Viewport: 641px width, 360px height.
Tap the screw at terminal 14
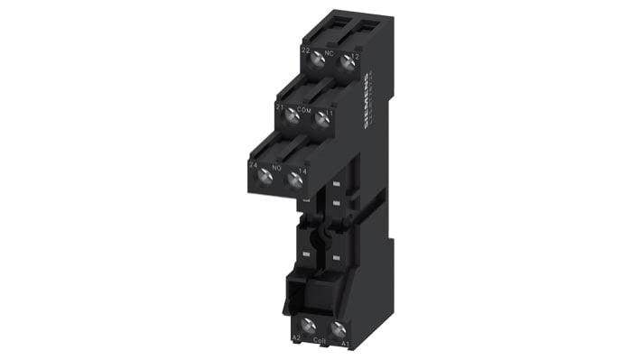(293, 179)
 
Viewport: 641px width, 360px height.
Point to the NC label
(330, 52)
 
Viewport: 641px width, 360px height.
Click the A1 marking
(344, 342)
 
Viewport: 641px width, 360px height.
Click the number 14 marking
(304, 170)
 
